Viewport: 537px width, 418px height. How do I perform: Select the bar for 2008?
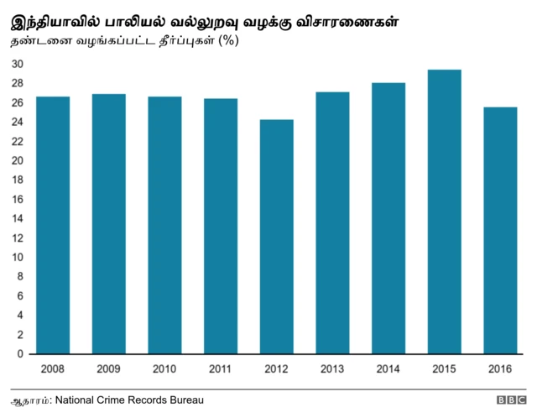pos(53,225)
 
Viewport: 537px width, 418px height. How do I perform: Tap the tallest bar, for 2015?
pos(444,212)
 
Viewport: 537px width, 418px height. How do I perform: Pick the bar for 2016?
pos(499,230)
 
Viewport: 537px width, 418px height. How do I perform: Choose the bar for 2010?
pos(164,225)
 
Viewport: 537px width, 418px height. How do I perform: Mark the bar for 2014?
pos(388,218)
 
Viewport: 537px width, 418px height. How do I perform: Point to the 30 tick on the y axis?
pos(18,64)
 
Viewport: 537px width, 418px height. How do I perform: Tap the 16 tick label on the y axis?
pos(18,200)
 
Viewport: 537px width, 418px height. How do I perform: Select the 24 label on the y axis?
pos(18,123)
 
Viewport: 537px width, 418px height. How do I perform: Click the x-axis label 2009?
pos(108,368)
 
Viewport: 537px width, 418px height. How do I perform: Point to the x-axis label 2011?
pos(220,368)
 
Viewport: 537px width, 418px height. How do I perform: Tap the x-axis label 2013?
pos(332,368)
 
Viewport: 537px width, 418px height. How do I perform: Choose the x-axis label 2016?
pos(499,368)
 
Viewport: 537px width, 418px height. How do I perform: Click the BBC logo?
pos(511,401)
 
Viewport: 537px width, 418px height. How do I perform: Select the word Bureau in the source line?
pos(185,400)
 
